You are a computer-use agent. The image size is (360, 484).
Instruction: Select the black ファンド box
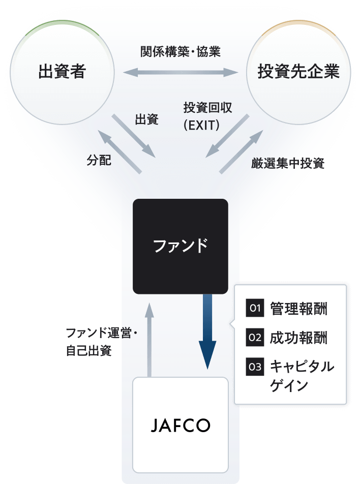180,246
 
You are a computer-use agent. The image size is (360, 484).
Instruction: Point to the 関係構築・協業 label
180,51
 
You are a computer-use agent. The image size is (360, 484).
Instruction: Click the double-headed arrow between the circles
180,72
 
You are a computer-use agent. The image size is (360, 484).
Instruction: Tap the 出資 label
146,120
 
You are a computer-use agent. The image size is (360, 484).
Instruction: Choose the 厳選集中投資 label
288,163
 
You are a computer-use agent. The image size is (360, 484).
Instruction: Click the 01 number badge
254,308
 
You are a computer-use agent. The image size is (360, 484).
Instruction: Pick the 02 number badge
254,337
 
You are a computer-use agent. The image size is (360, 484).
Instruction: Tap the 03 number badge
254,366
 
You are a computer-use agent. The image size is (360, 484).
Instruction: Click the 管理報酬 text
298,309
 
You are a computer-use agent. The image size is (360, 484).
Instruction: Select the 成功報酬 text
298,338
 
